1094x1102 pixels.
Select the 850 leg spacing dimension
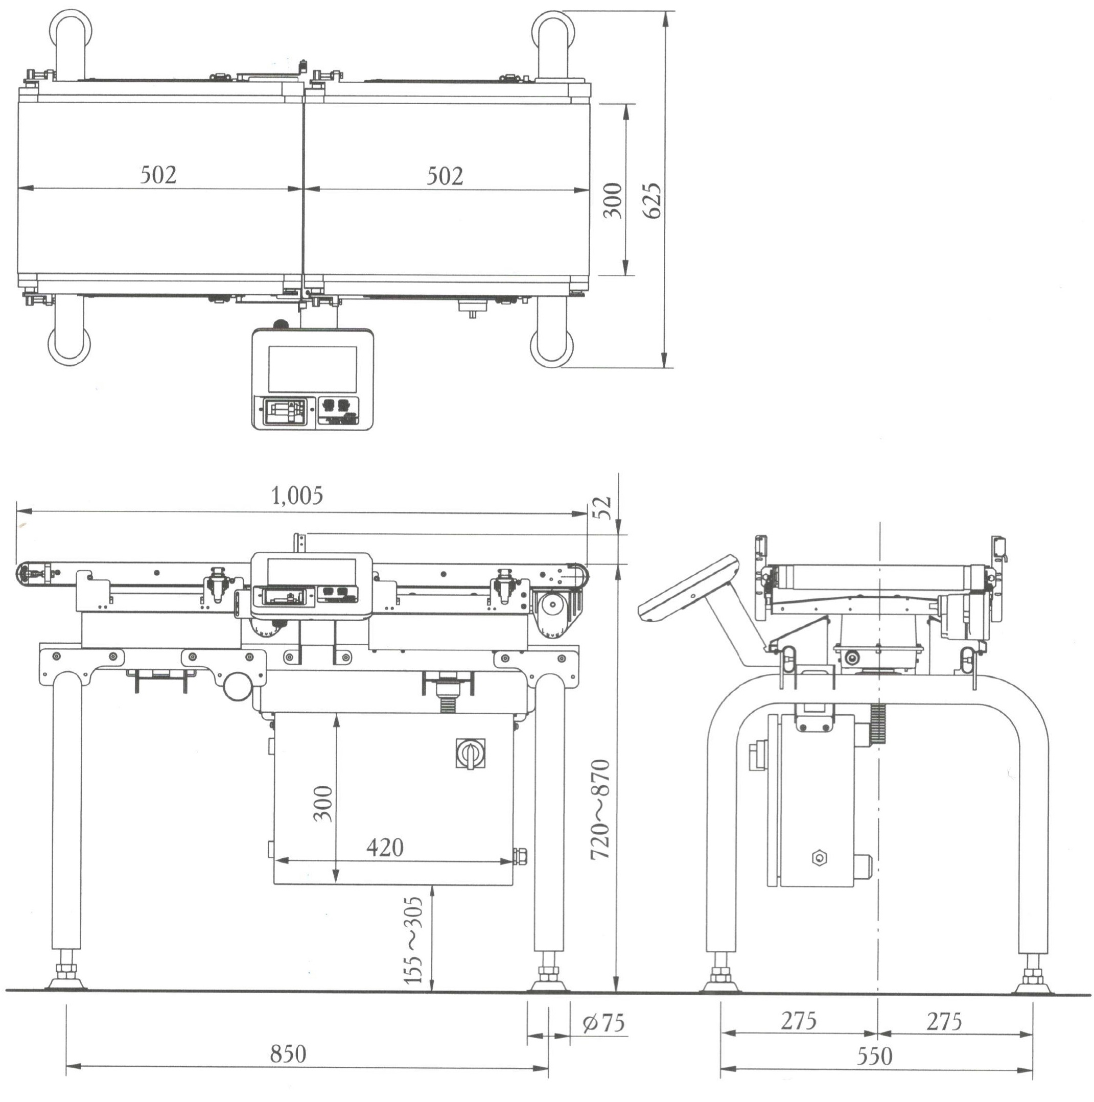[x=288, y=1053]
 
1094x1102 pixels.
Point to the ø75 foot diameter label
[x=603, y=1023]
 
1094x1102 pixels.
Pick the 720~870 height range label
[x=600, y=809]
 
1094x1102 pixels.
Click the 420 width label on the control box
[x=385, y=848]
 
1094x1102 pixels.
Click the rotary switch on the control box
[x=471, y=754]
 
